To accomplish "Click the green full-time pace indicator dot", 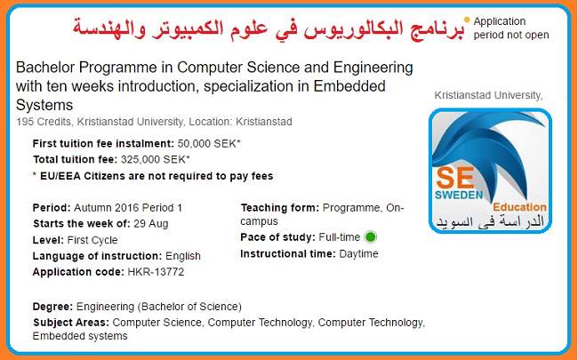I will pyautogui.click(x=370, y=236).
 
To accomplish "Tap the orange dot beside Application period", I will pyautogui.click(x=467, y=19).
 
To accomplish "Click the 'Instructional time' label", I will pyautogui.click(x=287, y=253).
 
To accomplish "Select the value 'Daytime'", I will pyautogui.click(x=358, y=253).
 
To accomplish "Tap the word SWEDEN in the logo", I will pyautogui.click(x=459, y=195).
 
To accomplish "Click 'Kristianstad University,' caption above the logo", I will pyautogui.click(x=488, y=95).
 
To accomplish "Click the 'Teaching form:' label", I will pyautogui.click(x=279, y=207).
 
